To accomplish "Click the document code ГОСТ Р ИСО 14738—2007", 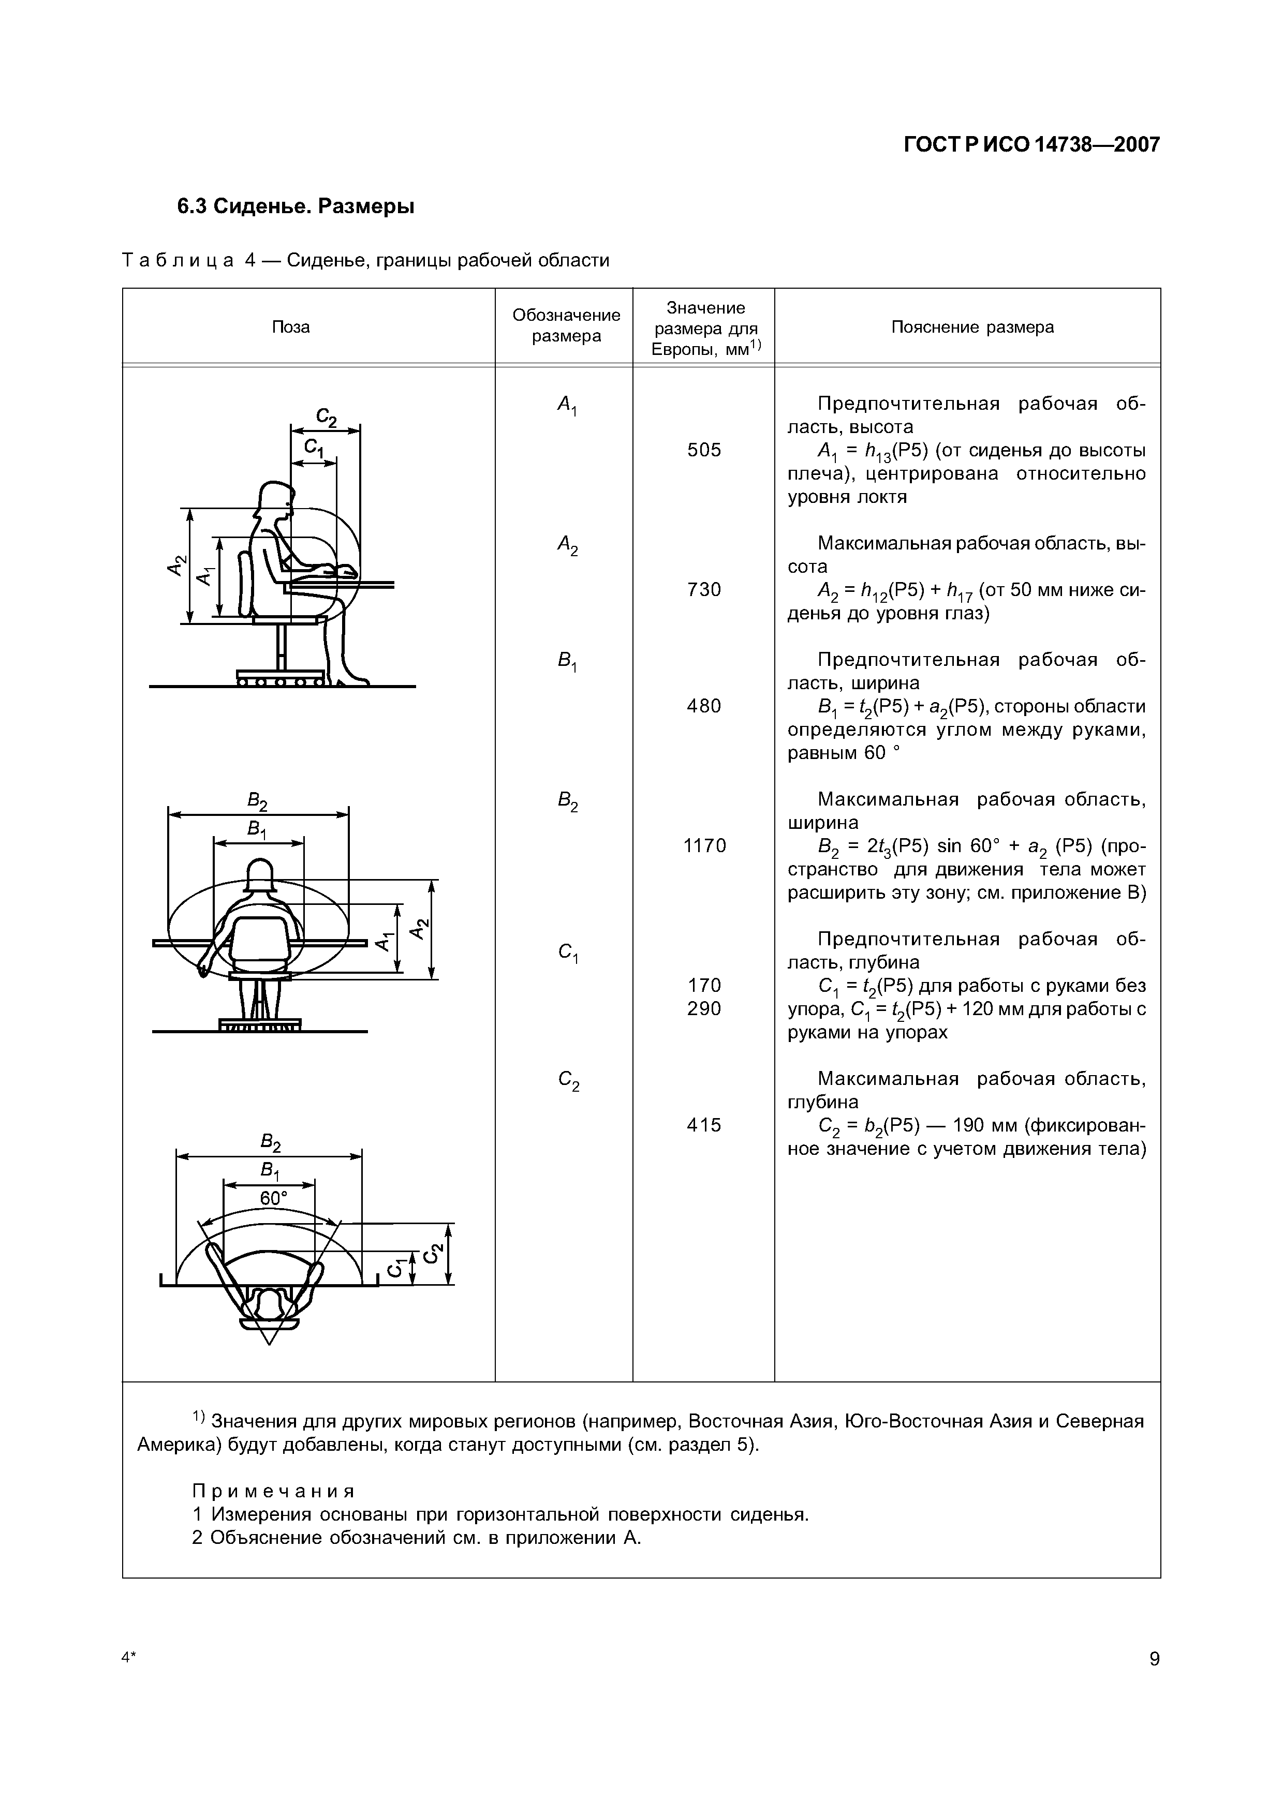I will (x=1031, y=145).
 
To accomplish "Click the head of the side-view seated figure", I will (x=277, y=498).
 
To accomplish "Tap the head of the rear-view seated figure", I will (x=259, y=873).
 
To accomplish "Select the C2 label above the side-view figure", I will (x=326, y=418).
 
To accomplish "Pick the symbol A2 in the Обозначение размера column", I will (x=567, y=545).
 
